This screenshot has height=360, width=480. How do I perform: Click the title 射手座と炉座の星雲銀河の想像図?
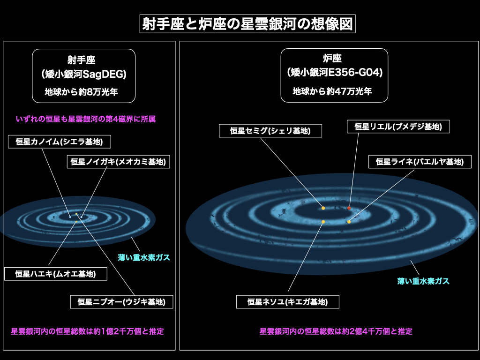[x=247, y=24]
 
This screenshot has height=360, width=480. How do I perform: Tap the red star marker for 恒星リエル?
[x=349, y=208]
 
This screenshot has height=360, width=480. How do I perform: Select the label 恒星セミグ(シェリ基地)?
[x=270, y=131]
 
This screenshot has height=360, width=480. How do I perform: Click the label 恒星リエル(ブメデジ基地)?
[x=398, y=127]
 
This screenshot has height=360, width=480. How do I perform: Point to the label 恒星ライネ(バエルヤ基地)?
[x=420, y=162]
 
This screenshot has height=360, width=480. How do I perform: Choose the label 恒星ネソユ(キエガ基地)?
[x=288, y=302]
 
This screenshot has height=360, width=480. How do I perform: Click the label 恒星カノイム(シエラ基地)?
[x=60, y=142]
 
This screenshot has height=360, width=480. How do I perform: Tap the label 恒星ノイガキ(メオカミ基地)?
[x=119, y=162]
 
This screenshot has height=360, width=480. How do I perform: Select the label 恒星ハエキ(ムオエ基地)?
[x=56, y=274]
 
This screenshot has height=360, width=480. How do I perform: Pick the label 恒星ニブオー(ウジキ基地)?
[x=121, y=302]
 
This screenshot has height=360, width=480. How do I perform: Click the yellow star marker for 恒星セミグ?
[x=323, y=208]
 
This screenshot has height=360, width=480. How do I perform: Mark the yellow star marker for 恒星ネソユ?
[x=323, y=222]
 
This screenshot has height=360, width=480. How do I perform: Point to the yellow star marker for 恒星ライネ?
[x=349, y=222]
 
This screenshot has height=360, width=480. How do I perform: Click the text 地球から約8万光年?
[x=82, y=92]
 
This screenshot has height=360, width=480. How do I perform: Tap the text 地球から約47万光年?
[x=332, y=91]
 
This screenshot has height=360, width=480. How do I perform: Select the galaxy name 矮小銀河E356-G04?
[x=335, y=73]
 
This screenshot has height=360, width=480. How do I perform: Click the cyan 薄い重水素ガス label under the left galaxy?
[x=144, y=257]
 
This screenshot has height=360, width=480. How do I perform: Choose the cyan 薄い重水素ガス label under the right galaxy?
[x=423, y=281]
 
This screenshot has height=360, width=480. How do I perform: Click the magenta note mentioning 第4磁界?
[x=86, y=119]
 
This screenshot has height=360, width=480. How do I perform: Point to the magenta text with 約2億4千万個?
[x=336, y=331]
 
